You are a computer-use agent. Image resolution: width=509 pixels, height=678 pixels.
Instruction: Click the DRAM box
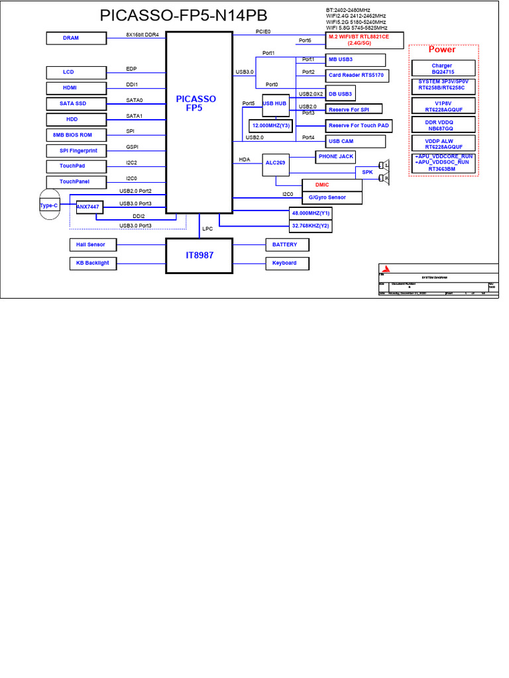coord(71,38)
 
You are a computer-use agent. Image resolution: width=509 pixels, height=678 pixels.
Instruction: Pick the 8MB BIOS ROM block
coord(72,135)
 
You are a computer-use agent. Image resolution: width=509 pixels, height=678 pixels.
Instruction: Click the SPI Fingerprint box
coord(74,151)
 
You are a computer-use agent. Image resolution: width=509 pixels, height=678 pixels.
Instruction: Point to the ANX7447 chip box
coord(87,207)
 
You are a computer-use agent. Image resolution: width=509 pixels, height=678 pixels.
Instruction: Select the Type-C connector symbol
coord(49,206)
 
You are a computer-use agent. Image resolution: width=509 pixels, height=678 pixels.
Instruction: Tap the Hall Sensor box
coord(90,245)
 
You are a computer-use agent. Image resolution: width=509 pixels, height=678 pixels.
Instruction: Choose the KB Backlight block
coord(92,263)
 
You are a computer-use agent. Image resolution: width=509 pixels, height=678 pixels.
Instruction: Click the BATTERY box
coord(284,245)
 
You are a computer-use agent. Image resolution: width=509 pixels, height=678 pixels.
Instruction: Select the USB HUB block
coord(274,104)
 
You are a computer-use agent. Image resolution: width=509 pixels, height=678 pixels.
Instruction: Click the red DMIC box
coord(322,185)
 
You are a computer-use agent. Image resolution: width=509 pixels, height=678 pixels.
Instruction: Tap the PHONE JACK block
coord(336,157)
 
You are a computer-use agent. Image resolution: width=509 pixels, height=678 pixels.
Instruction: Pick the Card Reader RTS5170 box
coord(355,75)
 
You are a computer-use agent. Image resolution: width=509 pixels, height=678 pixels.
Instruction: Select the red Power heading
coord(442,50)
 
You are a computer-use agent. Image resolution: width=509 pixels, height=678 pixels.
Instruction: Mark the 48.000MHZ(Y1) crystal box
coord(311,213)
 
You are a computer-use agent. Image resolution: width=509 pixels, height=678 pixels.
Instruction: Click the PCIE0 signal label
coord(263,31)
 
